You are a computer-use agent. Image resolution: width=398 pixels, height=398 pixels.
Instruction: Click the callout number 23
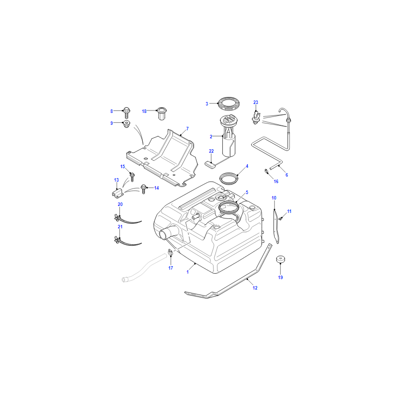click(256, 102)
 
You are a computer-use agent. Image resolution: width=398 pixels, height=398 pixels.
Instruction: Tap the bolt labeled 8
click(126, 113)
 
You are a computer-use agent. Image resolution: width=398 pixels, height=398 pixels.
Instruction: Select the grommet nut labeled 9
click(126, 124)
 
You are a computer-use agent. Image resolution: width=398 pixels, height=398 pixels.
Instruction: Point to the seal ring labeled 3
click(229, 103)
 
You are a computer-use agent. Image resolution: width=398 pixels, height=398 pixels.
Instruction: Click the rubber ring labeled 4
click(229, 178)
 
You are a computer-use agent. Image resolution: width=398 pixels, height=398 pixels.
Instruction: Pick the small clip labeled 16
click(267, 171)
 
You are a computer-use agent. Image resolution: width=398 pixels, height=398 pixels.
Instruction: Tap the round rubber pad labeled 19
click(281, 259)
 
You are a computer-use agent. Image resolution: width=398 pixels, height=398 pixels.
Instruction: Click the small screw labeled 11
click(281, 218)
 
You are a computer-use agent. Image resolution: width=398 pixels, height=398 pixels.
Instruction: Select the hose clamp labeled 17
click(171, 252)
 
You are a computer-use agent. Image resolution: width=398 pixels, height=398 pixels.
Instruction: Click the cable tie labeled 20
click(127, 219)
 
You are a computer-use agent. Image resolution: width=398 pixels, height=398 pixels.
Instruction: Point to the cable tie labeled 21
click(127, 241)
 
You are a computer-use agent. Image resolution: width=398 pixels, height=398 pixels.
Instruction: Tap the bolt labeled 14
click(143, 189)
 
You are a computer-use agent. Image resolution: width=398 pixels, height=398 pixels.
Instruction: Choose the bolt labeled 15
click(132, 177)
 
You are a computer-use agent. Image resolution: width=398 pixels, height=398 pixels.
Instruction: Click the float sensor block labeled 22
click(210, 164)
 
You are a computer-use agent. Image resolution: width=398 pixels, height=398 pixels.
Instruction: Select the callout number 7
click(188, 129)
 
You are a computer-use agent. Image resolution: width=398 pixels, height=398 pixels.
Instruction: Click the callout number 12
click(255, 288)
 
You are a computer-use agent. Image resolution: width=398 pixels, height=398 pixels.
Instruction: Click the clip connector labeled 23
click(256, 118)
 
